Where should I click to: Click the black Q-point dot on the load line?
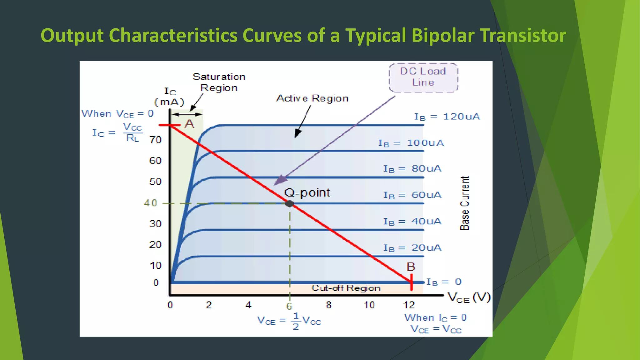coord(290,204)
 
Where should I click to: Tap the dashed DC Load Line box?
coord(423,77)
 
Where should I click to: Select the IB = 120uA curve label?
coord(447,117)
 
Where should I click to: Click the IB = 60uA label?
coord(412,195)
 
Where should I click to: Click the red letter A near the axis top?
coord(189,124)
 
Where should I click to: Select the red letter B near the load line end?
coord(411,267)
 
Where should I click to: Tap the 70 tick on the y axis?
coord(155,140)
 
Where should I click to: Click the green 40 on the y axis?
coord(150,203)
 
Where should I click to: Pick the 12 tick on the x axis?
coord(409,305)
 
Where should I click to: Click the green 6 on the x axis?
coord(289,307)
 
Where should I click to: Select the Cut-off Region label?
coord(346,288)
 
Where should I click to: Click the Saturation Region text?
coord(219,82)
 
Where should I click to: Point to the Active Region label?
coord(312,98)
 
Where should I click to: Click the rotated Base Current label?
coord(465,203)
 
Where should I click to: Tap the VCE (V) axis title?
coord(469,297)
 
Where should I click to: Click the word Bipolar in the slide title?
coord(443,35)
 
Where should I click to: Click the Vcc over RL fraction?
coord(132,132)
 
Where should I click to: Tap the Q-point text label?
coord(307,193)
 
